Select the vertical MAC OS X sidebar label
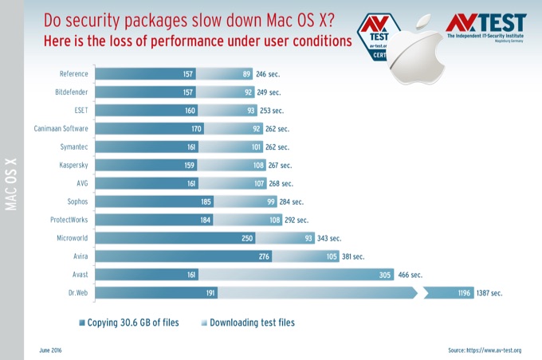(11, 184)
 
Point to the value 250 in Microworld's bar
(248, 238)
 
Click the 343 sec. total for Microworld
(330, 238)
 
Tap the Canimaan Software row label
(61, 129)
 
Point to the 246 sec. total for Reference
(269, 74)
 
